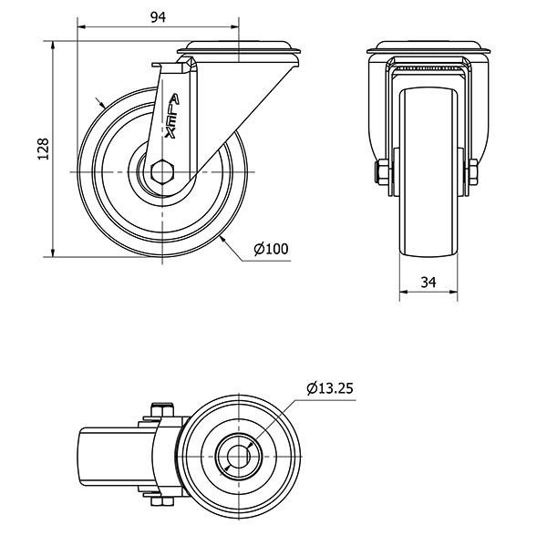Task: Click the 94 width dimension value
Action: pos(158,16)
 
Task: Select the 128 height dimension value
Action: pos(43,149)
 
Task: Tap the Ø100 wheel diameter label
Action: pos(272,249)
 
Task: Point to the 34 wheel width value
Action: pos(428,282)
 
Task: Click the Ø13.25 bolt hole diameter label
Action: pos(330,388)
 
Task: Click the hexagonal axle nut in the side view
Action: pos(162,172)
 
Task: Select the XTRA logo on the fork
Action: pos(172,116)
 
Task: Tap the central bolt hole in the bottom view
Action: pos(239,456)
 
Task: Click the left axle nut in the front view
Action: pos(382,172)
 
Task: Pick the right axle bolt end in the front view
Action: pos(473,172)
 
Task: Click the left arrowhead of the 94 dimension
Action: pos(81,26)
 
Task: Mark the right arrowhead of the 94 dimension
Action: pos(234,26)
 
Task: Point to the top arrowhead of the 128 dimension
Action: pos(53,46)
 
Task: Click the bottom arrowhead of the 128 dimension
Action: pos(53,252)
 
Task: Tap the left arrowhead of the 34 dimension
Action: pos(404,292)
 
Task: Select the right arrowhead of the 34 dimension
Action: pos(453,292)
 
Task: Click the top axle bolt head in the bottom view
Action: pos(162,409)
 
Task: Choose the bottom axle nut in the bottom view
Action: pos(162,501)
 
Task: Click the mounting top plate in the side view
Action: pos(238,48)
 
